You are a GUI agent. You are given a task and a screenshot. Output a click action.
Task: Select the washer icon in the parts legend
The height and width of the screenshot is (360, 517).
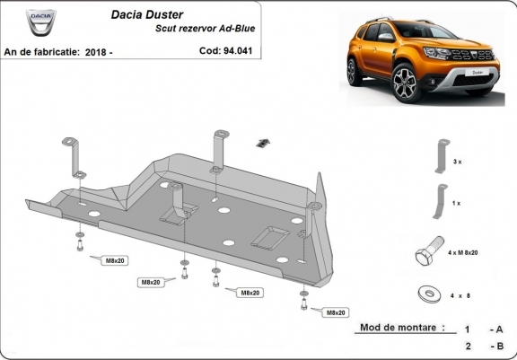point(426,293)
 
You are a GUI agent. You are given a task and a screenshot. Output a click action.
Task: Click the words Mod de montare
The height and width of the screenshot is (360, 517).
point(400,329)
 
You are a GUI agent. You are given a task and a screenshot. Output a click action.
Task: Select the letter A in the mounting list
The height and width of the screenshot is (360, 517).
point(498,329)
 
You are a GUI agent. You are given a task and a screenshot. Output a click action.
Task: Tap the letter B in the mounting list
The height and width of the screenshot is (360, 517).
point(498,346)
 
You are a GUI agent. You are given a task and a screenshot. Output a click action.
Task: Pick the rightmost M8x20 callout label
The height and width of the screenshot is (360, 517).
point(335,312)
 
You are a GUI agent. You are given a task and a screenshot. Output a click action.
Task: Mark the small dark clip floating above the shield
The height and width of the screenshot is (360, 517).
point(262,142)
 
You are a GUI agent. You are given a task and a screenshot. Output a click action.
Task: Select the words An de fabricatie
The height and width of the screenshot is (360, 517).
point(40,53)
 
